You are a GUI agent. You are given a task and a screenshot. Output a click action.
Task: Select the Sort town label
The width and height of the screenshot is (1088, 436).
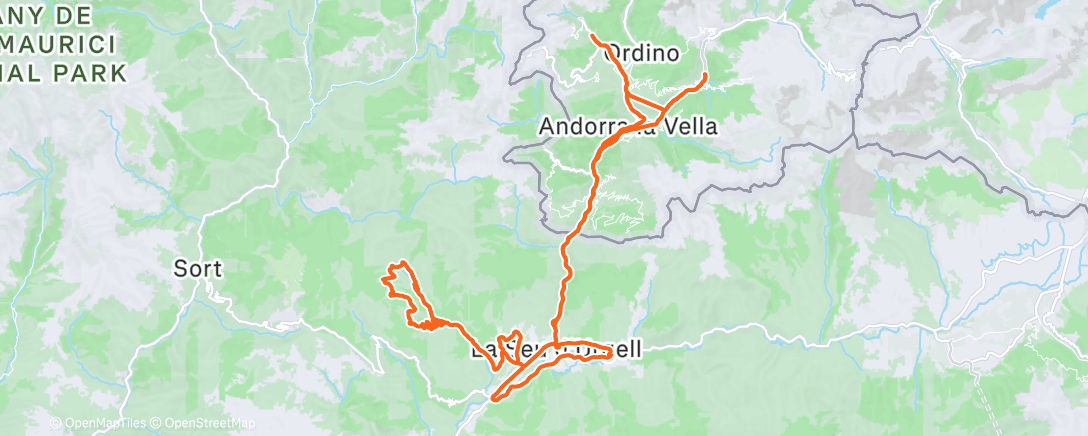point(198,268)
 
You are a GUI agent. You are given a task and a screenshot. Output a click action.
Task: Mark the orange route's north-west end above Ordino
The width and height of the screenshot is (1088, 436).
point(593,37)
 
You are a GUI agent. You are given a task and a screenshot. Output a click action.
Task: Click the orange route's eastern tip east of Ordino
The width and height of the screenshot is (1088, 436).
point(706,75)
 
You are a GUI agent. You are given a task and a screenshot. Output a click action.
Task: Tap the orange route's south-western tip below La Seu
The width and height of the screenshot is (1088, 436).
point(493,403)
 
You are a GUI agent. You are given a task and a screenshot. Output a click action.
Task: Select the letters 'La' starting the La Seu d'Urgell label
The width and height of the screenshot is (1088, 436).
point(482,352)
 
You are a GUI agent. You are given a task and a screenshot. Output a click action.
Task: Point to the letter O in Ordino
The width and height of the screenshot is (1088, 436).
point(615,54)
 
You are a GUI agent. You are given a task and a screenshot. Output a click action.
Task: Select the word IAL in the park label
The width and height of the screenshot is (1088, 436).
point(30,73)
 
